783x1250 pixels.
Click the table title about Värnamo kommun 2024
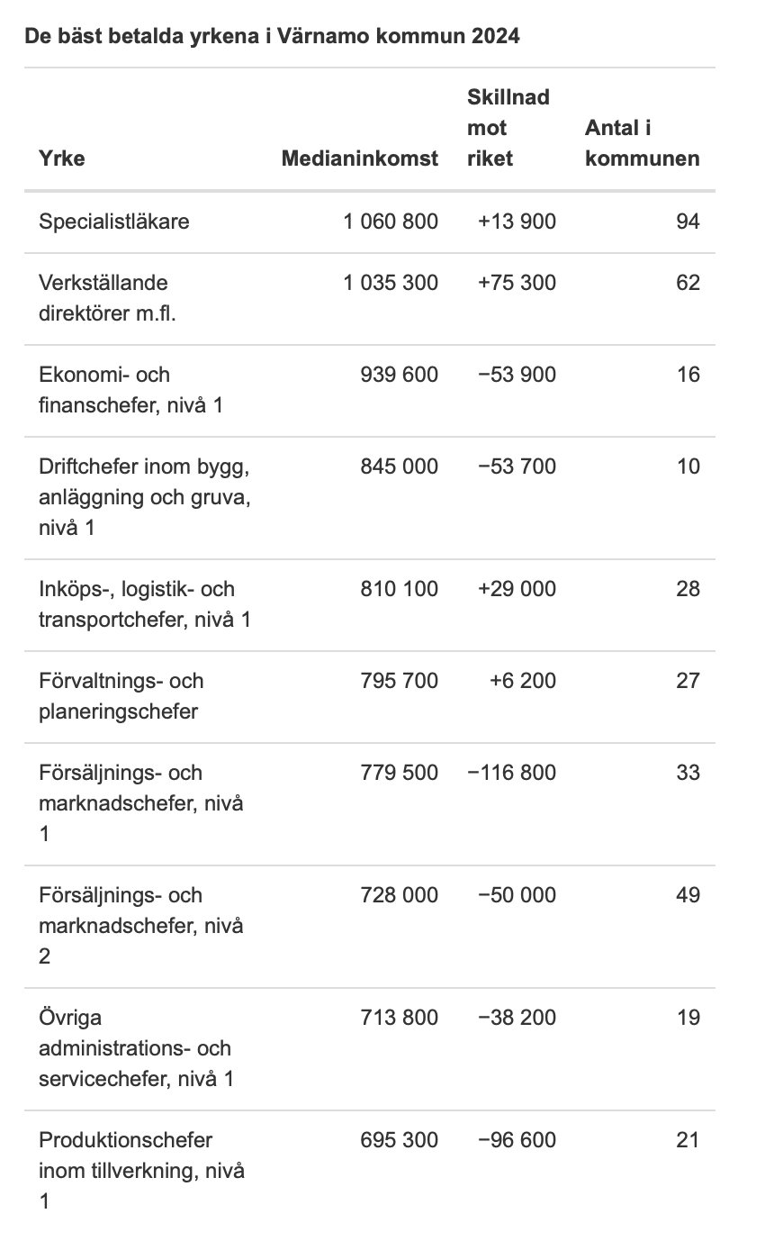[x=272, y=36]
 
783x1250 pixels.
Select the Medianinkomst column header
[x=359, y=159]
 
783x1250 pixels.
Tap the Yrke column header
[x=62, y=159]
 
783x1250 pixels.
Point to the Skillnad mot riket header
[x=508, y=128]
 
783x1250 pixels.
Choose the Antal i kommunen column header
[x=642, y=143]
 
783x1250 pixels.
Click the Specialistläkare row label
[x=114, y=222]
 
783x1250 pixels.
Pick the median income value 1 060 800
[x=391, y=222]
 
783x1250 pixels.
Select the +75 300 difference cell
[x=517, y=283]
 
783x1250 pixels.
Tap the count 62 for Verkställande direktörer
[x=688, y=283]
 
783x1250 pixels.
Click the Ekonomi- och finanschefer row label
[x=130, y=390]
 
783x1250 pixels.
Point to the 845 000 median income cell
[x=399, y=466]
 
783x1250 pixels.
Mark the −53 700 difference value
[x=517, y=466]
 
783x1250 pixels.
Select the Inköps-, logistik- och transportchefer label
[x=144, y=604]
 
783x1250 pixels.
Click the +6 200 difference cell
[x=523, y=681]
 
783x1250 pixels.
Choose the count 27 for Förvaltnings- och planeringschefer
[x=688, y=681]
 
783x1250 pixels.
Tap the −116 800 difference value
[x=511, y=773]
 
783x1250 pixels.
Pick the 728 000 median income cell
[x=399, y=895]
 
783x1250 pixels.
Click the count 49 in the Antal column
[x=688, y=895]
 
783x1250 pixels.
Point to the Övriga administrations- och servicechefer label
[x=136, y=1048]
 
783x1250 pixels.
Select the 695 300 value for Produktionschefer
[x=399, y=1140]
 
